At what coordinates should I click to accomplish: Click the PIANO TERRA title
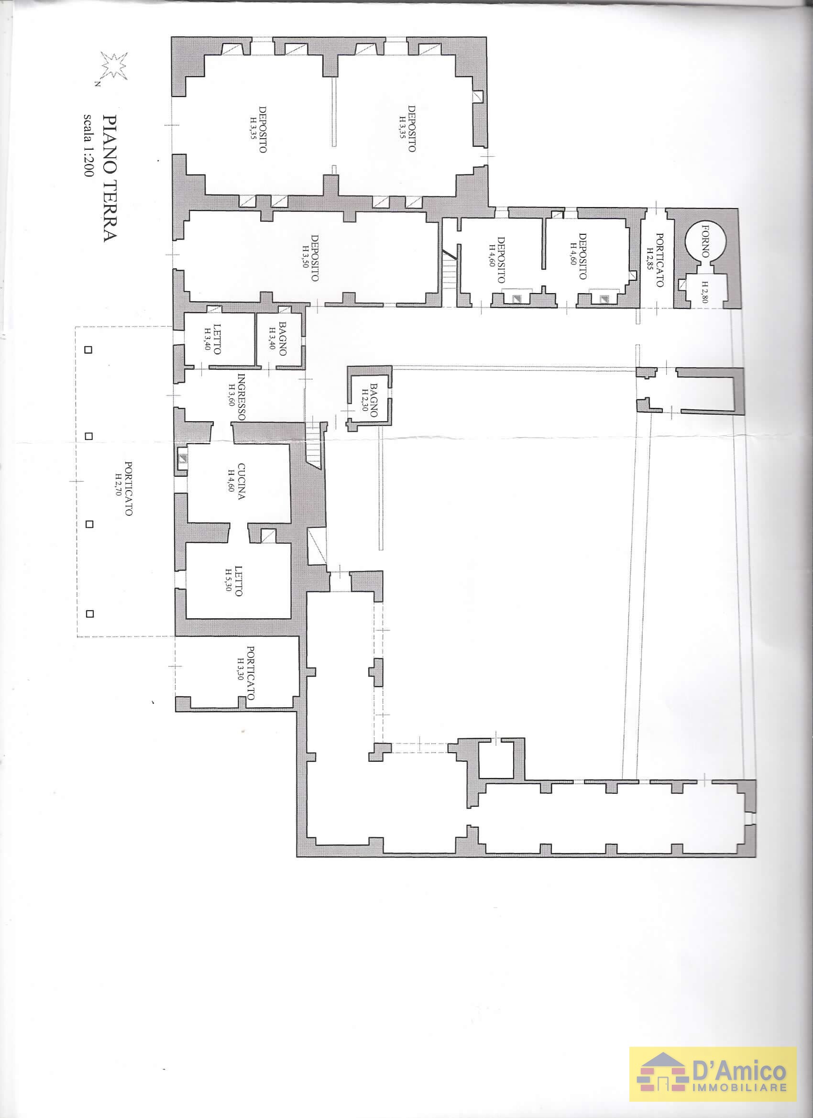(109, 178)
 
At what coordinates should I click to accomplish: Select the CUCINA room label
(241, 481)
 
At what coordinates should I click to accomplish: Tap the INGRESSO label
(242, 397)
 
